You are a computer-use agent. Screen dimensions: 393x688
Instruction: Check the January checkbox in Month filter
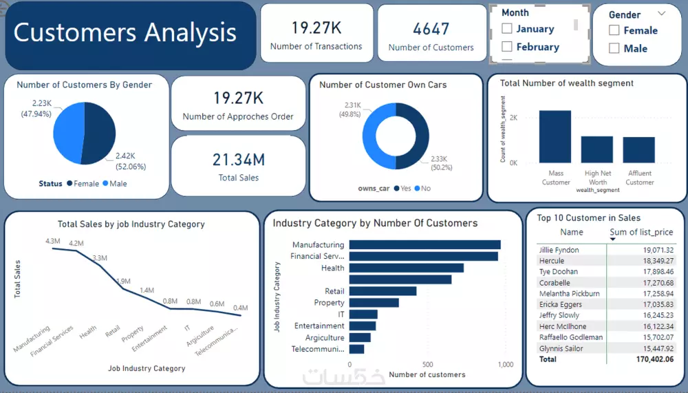507,29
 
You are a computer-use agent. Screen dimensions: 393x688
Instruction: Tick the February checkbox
507,47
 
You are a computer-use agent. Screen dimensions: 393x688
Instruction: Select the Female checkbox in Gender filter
614,30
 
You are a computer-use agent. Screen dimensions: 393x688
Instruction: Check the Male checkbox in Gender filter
614,48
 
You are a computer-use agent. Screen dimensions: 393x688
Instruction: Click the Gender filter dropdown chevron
662,13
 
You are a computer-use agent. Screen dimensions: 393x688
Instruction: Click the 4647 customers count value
431,30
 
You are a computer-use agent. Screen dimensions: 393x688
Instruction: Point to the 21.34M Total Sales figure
238,160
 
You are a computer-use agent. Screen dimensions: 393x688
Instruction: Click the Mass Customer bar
555,136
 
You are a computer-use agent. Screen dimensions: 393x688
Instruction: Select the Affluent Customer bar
639,149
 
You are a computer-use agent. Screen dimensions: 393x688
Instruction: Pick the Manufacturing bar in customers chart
424,244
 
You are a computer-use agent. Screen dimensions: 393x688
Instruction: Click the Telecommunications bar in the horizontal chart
356,349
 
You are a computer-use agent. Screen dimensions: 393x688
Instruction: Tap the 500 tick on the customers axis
427,365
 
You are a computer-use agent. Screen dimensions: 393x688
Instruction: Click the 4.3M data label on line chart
53,242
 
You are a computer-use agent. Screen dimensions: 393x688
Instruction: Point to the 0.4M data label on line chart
240,308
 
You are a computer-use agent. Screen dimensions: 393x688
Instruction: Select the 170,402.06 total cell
654,359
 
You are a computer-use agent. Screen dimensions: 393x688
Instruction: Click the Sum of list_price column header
645,232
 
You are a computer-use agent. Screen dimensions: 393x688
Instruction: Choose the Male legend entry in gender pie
114,184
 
